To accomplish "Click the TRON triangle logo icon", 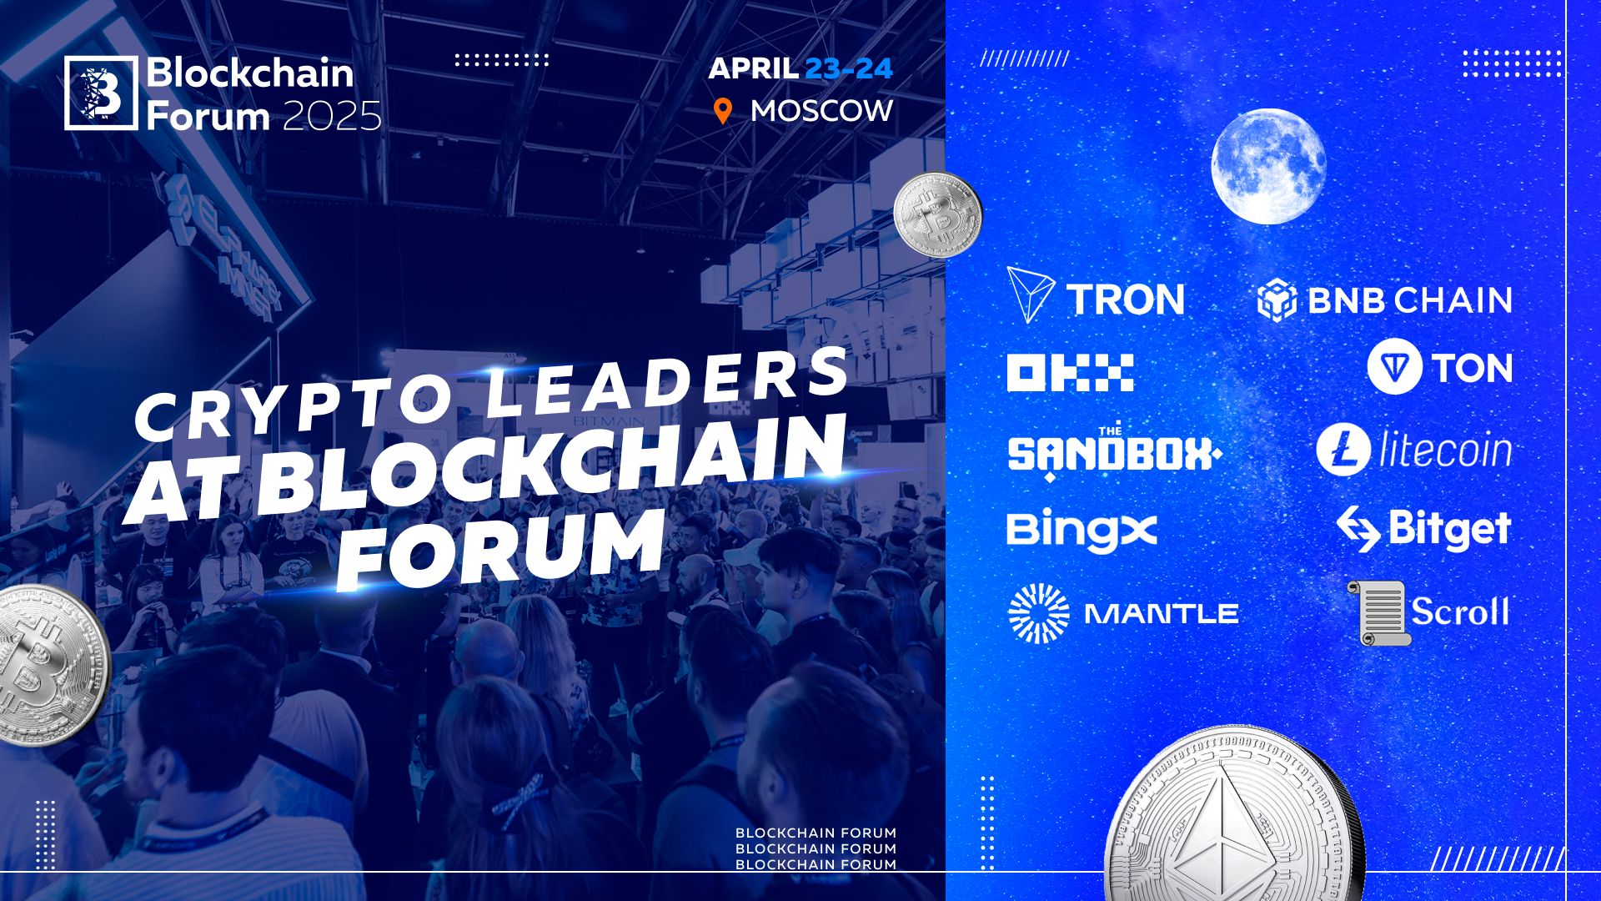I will tap(1030, 294).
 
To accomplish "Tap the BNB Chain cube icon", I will tap(1276, 300).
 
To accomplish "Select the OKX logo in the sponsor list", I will tap(1070, 373).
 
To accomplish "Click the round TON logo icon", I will tap(1394, 366).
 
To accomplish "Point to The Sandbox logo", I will tap(1113, 453).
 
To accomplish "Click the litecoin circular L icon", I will tap(1343, 450).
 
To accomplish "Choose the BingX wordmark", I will tap(1082, 531).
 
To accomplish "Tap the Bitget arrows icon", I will tap(1358, 528).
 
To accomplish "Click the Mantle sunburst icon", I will tap(1038, 613).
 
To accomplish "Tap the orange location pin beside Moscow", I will tap(723, 112).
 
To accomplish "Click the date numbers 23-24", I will tap(848, 68).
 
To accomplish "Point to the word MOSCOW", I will tap(821, 111).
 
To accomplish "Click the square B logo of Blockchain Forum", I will tap(101, 93).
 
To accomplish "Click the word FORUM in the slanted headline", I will tap(500, 546).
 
